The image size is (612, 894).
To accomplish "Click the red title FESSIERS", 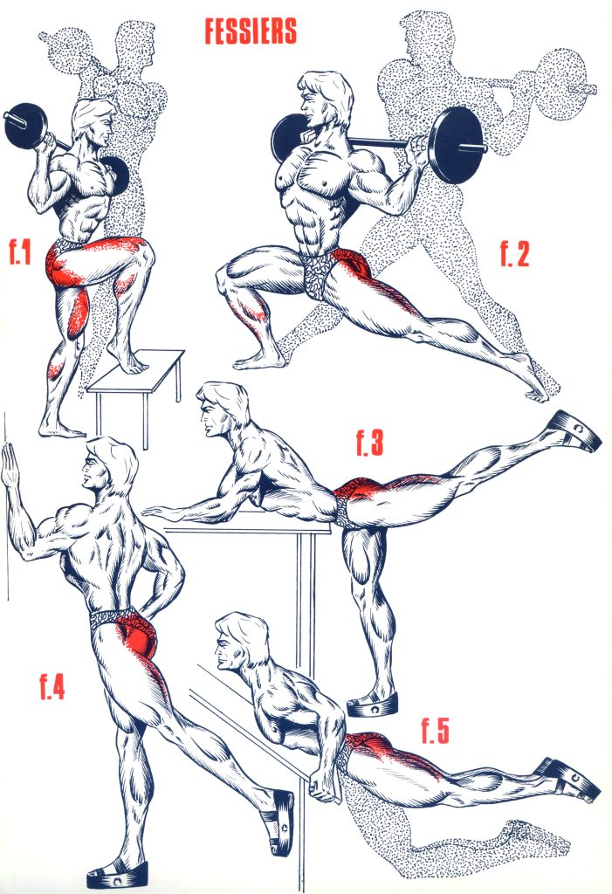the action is [251, 31].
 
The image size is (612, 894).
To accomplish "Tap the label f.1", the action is [20, 252].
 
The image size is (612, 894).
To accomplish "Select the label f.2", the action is [514, 254].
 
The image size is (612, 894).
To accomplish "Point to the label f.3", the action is [369, 443].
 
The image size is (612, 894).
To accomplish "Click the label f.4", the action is [52, 686].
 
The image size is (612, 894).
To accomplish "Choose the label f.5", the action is [435, 731].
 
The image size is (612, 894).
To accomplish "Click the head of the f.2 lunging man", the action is [324, 103].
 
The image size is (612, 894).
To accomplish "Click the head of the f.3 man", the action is [223, 409].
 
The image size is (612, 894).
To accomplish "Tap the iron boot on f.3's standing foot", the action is [372, 705].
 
